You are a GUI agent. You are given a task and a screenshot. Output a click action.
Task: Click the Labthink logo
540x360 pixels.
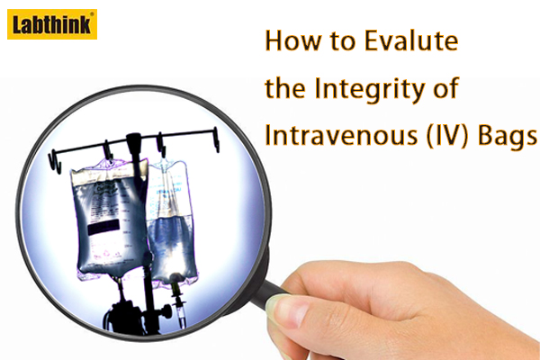click(52, 24)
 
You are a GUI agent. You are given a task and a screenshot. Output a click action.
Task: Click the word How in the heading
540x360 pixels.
click(292, 40)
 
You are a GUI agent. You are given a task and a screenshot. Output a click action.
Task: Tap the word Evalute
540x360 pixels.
click(411, 40)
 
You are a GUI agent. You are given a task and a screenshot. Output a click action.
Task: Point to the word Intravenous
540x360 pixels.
click(341, 135)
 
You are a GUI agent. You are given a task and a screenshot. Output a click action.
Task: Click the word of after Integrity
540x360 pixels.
click(446, 88)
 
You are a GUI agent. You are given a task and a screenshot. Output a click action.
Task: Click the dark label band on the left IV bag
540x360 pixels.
click(103, 227)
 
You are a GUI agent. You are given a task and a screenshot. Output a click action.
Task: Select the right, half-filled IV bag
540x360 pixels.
click(171, 222)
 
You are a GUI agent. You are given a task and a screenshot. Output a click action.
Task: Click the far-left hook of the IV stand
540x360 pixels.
click(54, 160)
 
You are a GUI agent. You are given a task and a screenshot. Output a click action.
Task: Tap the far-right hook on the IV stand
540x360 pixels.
click(216, 139)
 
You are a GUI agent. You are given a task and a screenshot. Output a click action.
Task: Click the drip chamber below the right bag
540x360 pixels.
click(180, 311)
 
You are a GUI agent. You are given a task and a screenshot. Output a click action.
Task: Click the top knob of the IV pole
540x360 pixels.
click(133, 141)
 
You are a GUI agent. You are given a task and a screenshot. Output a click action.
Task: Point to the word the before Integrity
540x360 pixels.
click(285, 88)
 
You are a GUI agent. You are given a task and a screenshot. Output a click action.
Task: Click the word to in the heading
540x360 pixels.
click(342, 41)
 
